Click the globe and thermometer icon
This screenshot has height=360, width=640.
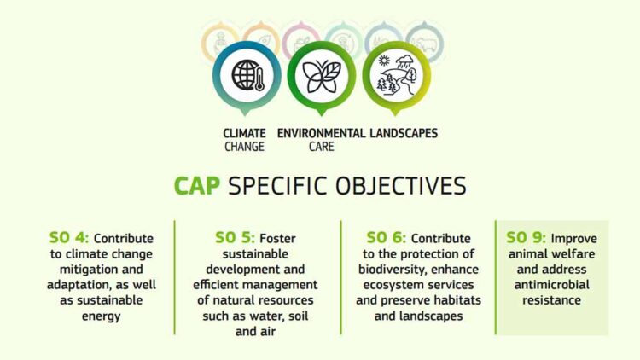(247, 75)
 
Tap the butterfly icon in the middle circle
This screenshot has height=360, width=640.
(321, 75)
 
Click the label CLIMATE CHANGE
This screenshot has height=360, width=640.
(245, 140)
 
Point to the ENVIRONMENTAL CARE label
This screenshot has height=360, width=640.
(321, 140)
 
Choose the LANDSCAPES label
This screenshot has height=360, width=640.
(404, 134)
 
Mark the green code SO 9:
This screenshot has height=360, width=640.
(527, 238)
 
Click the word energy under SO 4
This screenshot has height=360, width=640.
(86, 316)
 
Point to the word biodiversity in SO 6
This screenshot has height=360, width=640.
(392, 270)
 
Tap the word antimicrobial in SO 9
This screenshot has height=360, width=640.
(550, 285)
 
